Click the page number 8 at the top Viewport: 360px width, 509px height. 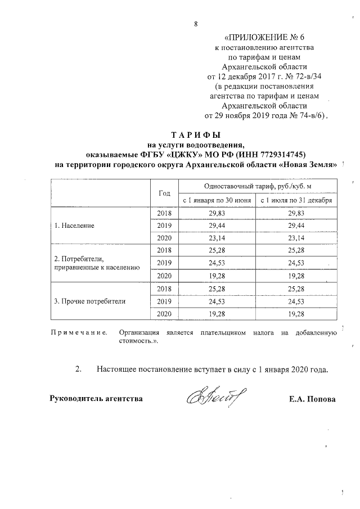click(x=195, y=24)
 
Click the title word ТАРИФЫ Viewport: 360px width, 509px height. click(x=195, y=136)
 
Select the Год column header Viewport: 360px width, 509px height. click(x=164, y=193)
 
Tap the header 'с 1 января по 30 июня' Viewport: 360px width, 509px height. click(x=217, y=200)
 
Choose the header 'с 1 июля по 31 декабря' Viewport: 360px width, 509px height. click(x=296, y=200)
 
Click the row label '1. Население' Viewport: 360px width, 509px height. click(x=74, y=225)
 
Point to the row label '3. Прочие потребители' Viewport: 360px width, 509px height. click(x=89, y=300)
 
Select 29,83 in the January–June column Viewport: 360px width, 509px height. click(x=217, y=213)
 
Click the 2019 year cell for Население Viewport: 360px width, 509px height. click(x=164, y=225)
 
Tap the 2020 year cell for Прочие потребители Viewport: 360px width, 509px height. click(x=164, y=313)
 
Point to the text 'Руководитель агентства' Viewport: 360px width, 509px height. click(x=96, y=399)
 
